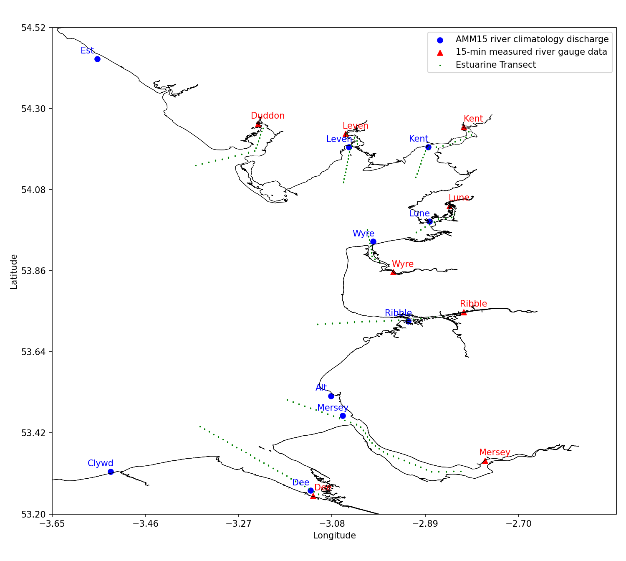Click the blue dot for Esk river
click(97, 59)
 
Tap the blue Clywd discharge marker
click(111, 472)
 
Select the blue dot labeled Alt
click(331, 396)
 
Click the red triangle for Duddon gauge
click(258, 124)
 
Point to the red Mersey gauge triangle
click(485, 461)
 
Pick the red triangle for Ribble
click(464, 312)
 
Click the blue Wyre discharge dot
click(373, 241)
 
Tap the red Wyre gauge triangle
click(393, 272)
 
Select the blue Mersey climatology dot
click(343, 416)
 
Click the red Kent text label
click(473, 119)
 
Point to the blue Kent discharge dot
click(428, 147)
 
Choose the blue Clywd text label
click(100, 463)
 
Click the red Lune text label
click(459, 198)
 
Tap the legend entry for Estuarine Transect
click(495, 65)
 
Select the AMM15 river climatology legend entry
click(532, 39)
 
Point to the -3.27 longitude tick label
click(239, 523)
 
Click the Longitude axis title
click(334, 536)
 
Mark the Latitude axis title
click(14, 271)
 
